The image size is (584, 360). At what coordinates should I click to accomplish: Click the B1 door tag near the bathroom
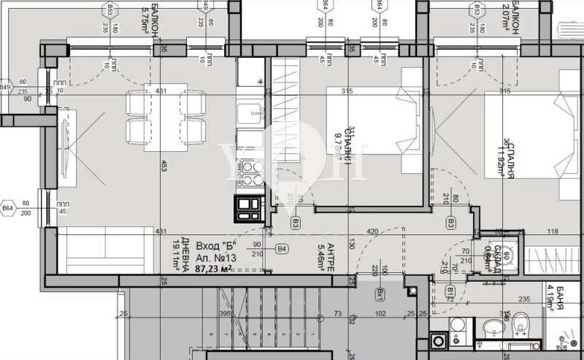pyautogui.click(x=451, y=292)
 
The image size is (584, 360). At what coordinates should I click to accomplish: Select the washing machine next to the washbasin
pyautogui.click(x=441, y=341)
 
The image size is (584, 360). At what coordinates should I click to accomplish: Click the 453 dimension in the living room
pyautogui.click(x=166, y=164)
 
